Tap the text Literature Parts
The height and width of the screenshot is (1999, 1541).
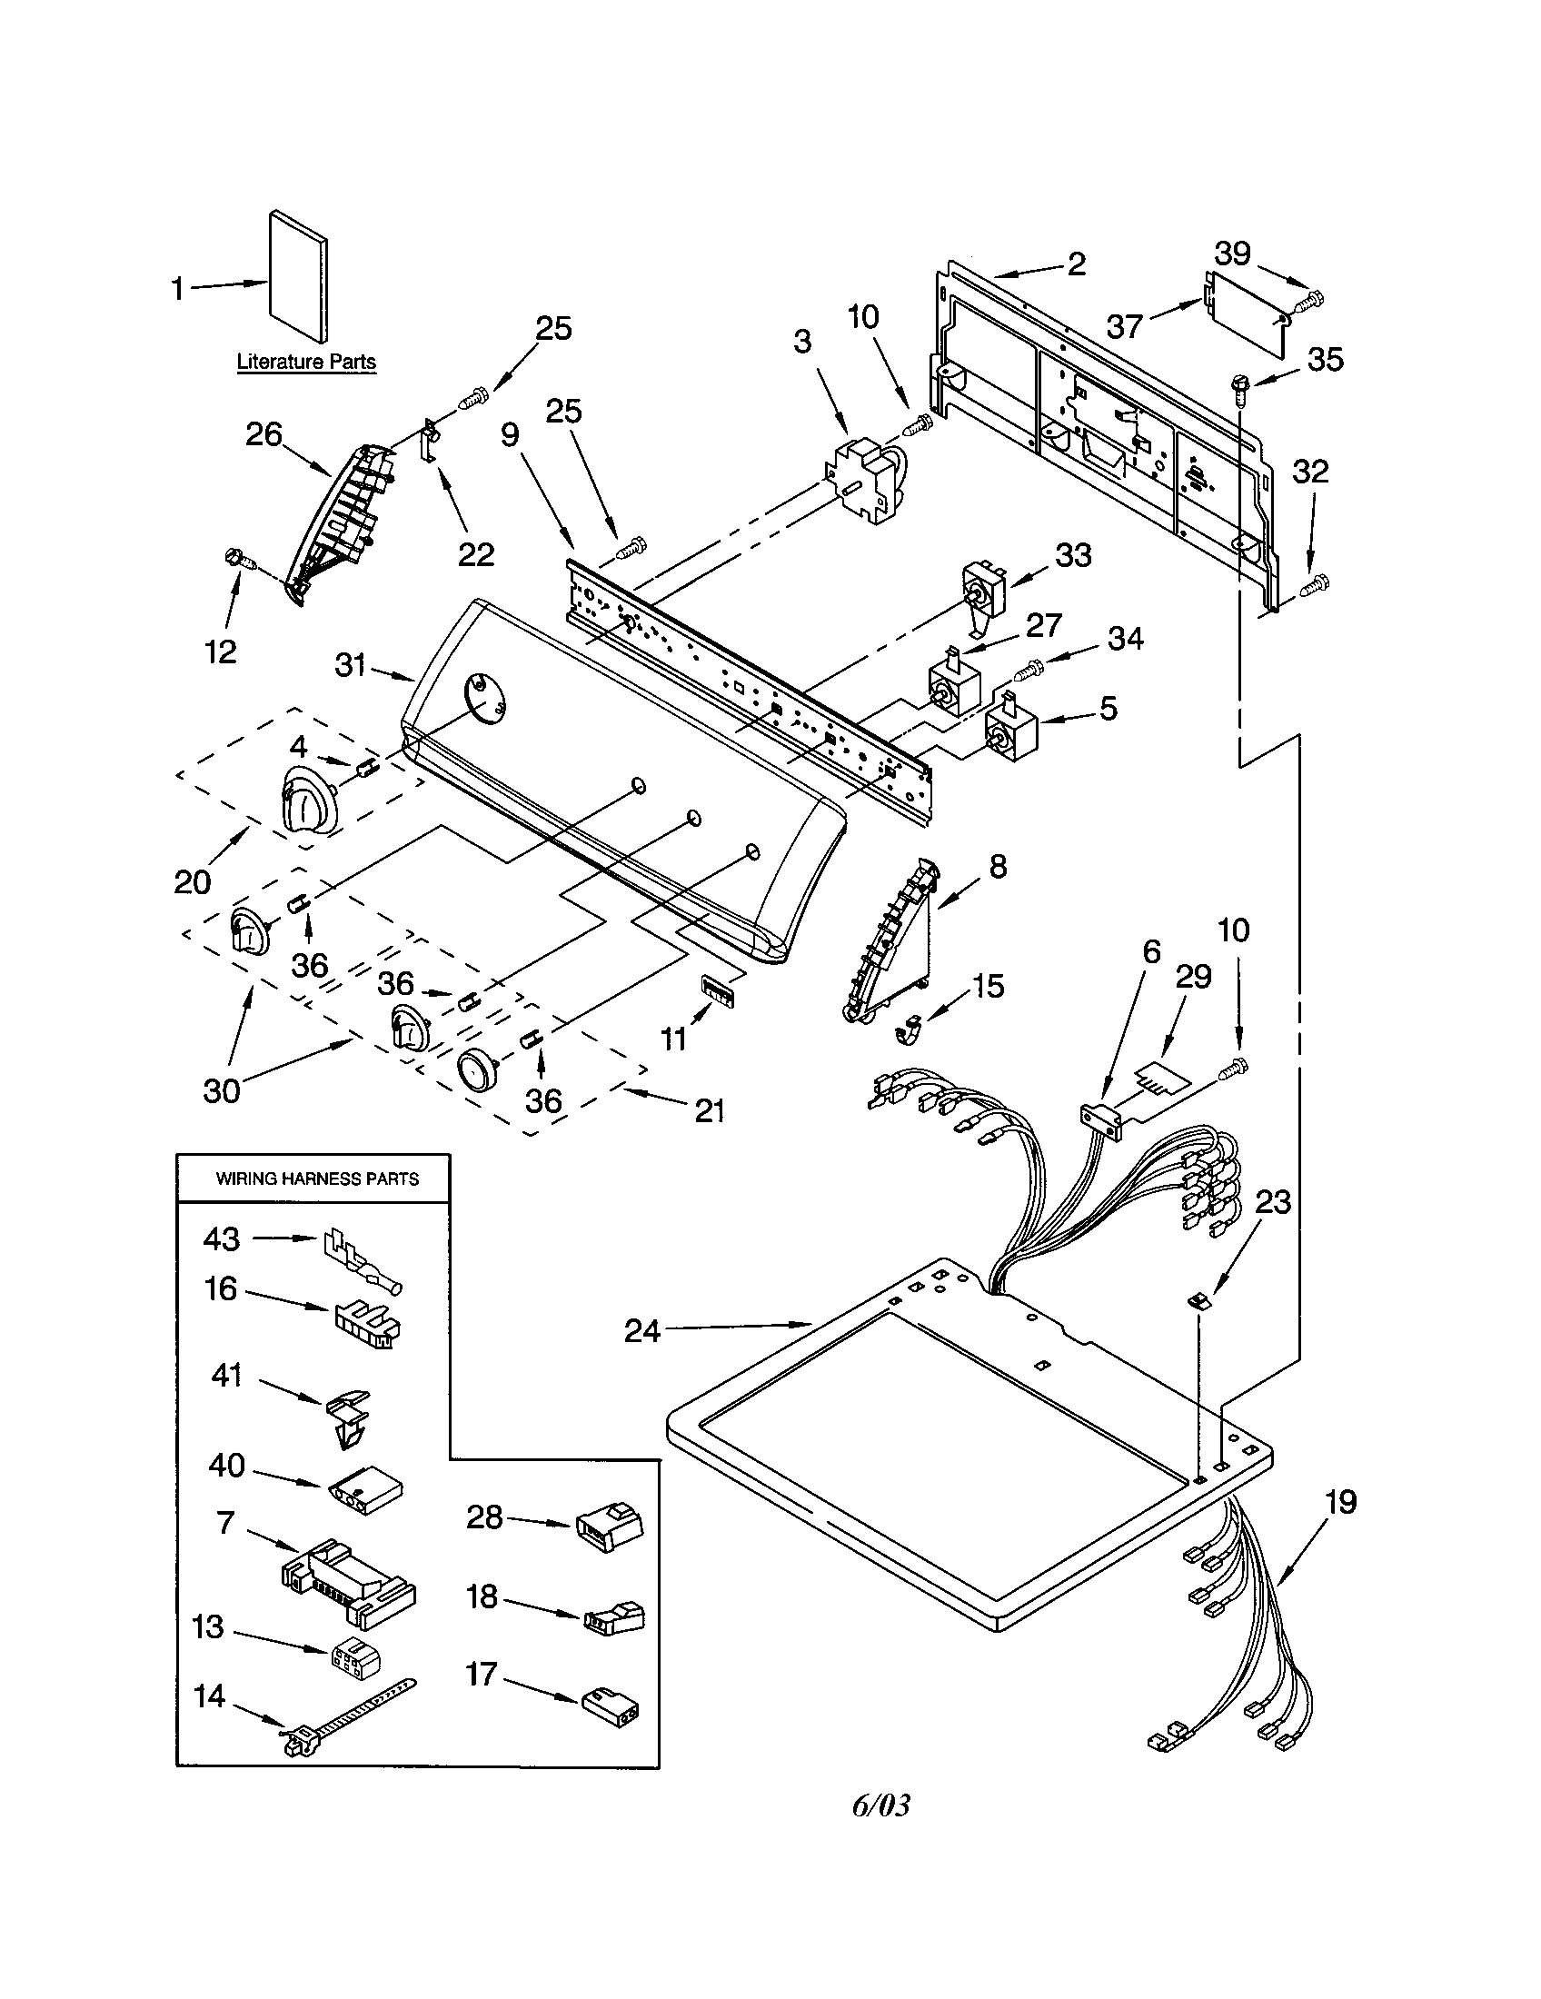(305, 362)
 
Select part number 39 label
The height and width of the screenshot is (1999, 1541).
(1233, 254)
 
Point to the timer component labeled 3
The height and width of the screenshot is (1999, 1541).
(864, 481)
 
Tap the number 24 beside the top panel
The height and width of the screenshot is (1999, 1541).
(641, 1331)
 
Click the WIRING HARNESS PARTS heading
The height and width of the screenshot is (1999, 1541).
(316, 1179)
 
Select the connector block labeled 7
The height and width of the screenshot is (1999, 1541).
(348, 1583)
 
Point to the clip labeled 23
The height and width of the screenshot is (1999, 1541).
(1198, 1300)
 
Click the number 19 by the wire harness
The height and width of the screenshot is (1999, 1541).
(1339, 1502)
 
